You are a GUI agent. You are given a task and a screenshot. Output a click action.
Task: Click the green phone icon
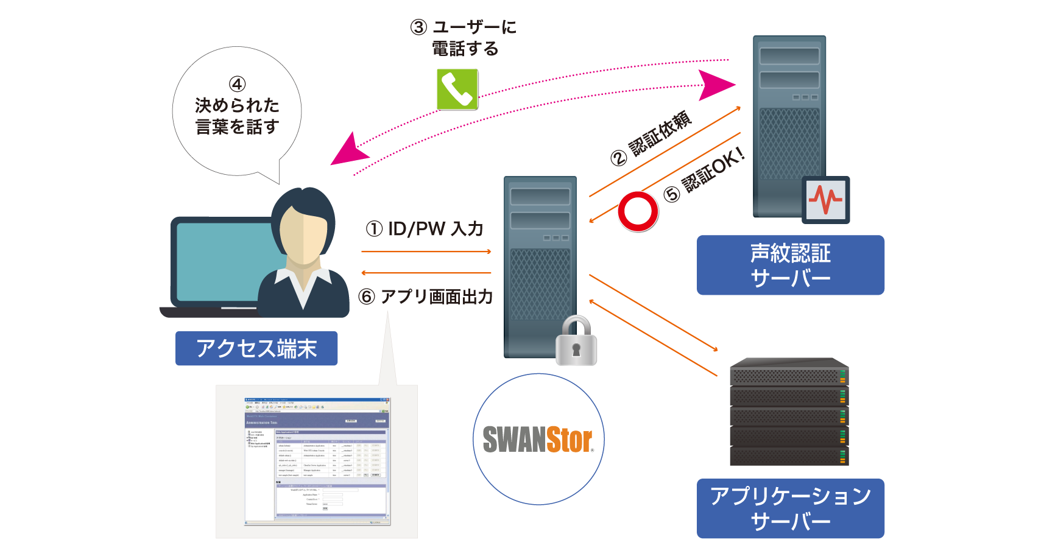tap(457, 90)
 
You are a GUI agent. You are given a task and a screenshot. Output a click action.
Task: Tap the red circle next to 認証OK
tap(638, 211)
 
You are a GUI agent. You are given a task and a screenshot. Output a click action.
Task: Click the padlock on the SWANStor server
tap(576, 342)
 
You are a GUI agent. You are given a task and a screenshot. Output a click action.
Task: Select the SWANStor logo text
tap(538, 440)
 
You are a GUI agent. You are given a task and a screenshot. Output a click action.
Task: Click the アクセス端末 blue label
tap(256, 348)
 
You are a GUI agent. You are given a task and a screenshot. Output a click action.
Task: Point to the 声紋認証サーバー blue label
tap(790, 265)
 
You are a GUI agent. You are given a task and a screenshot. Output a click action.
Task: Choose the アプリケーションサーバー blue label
tap(790, 508)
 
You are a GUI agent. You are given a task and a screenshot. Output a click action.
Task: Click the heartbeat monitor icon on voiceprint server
tap(825, 200)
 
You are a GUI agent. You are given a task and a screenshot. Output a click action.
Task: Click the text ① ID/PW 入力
tap(425, 229)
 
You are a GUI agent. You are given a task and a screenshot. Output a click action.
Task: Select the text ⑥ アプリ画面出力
tap(426, 297)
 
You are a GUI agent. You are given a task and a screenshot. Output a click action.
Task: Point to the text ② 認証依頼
tap(652, 138)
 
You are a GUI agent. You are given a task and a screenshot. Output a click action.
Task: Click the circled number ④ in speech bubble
tap(237, 84)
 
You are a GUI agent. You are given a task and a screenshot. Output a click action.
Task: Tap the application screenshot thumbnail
tap(317, 461)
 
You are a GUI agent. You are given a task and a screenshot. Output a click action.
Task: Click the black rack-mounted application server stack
tap(789, 412)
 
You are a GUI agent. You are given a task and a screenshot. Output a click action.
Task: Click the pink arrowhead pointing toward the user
tap(346, 151)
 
